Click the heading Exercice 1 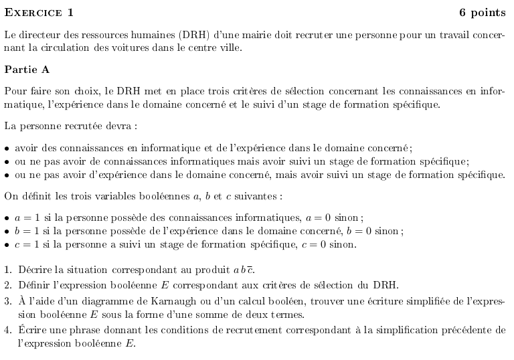click(x=39, y=12)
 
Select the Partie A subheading click(x=26, y=69)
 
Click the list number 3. click(x=7, y=301)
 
